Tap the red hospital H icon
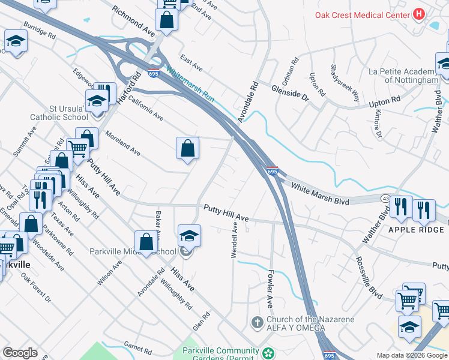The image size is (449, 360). (420, 13)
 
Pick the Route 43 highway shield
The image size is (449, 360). (383, 197)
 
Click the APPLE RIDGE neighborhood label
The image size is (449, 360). (415, 229)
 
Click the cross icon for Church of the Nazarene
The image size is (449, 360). (258, 323)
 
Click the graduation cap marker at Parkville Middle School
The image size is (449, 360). (188, 236)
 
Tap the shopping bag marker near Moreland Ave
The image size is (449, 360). (187, 148)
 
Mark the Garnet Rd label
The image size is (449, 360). (137, 348)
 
